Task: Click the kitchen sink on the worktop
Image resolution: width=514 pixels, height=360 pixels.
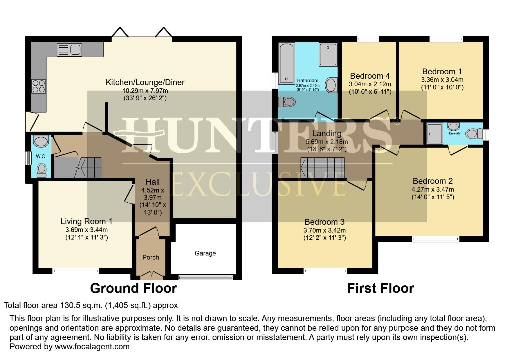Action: coord(69,50)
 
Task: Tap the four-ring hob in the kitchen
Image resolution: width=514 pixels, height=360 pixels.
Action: coord(38,86)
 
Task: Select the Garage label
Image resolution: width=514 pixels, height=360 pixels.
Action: coord(205,253)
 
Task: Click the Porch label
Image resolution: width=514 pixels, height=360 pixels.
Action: coord(151,257)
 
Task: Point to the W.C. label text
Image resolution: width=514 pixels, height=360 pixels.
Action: coord(41,156)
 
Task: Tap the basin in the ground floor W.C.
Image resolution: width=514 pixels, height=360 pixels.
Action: coord(41,141)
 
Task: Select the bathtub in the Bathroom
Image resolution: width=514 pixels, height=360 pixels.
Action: coord(286,63)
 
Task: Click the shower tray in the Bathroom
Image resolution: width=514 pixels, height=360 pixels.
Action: coord(328,54)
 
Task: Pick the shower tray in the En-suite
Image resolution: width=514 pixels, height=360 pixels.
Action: coord(435,133)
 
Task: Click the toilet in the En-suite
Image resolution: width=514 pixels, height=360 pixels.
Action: coord(473,134)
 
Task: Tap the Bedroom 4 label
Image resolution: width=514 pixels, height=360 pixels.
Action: coord(370,76)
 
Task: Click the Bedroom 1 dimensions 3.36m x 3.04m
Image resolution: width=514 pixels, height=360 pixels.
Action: coord(442,80)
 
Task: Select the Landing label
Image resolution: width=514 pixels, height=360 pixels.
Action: coord(326,134)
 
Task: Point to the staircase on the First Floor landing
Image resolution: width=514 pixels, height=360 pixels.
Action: coord(322,167)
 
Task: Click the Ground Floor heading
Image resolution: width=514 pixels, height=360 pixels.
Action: coord(133,288)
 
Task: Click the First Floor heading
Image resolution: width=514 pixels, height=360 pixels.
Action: coord(380,288)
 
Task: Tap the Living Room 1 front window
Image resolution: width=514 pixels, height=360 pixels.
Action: coord(76,271)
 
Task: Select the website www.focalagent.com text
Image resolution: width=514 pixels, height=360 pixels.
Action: coord(92,346)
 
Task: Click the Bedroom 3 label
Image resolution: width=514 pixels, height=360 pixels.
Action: coord(324,222)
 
